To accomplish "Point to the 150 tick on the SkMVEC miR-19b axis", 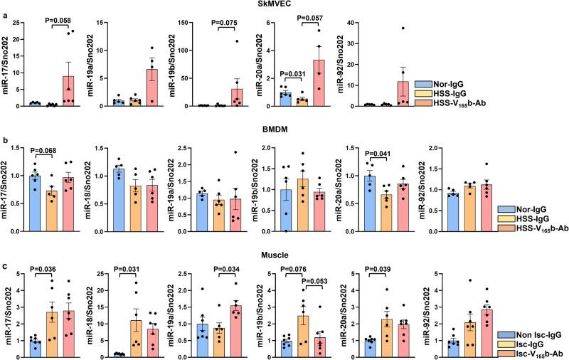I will pos(181,18).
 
